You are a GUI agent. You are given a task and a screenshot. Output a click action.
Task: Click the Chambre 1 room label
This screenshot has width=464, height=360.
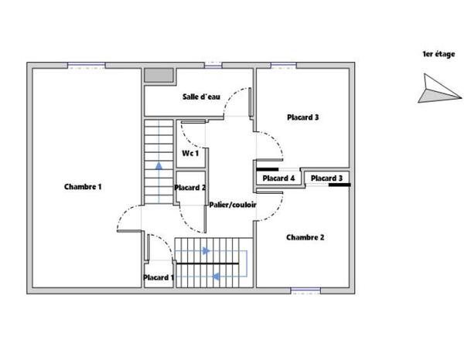pos(83,186)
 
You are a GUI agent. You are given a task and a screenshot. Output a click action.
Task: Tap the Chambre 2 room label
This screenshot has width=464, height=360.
pos(305,237)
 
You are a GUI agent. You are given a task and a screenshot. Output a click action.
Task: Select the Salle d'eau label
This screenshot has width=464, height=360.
pos(202,97)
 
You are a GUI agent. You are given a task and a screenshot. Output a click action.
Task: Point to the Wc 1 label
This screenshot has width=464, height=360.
pos(190,154)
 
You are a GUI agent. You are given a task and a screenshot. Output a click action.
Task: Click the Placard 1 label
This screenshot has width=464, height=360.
pos(159,277)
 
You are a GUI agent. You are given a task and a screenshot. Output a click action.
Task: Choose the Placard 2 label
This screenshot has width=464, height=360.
pos(189,188)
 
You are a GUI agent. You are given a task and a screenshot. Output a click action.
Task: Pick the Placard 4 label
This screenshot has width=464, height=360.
pos(278,178)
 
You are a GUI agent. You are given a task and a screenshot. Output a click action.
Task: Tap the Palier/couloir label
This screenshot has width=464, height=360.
pos(233,205)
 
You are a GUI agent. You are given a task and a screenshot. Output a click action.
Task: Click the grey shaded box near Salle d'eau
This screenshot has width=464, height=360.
pos(159,76)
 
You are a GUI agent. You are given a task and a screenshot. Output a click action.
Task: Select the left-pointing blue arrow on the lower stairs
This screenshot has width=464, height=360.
pos(217,277)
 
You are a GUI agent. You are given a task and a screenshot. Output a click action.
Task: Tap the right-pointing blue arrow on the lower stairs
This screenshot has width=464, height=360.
pos(206,250)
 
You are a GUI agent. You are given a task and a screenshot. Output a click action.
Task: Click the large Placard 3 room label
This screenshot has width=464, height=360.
pos(303,117)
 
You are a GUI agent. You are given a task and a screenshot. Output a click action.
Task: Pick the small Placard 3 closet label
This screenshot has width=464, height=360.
pos(326,178)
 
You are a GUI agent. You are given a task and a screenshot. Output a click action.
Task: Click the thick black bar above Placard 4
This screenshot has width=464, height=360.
pos(268,168)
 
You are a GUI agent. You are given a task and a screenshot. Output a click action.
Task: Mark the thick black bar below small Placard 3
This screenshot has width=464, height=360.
pos(339,185)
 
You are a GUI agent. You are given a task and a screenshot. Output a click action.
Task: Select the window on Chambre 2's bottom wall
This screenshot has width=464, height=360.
pos(305,290)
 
